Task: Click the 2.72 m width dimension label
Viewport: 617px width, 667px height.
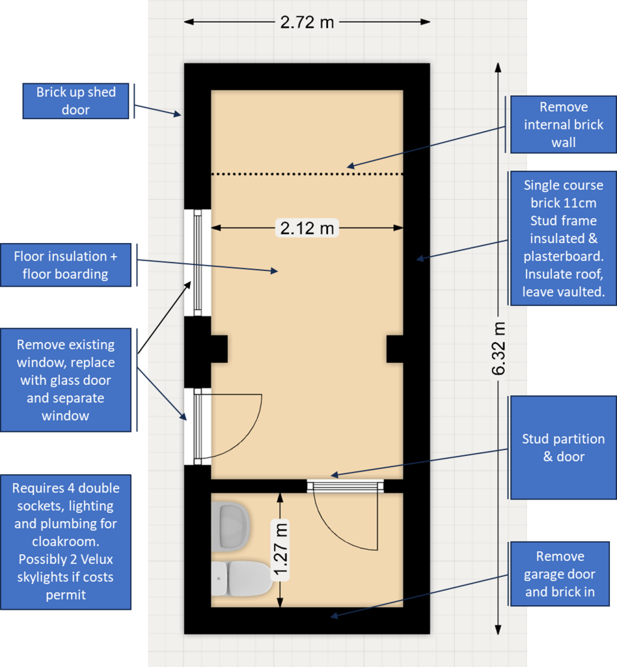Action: (x=307, y=22)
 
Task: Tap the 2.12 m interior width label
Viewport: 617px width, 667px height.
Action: (x=307, y=228)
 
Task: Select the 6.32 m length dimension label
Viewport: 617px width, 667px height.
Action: (x=499, y=349)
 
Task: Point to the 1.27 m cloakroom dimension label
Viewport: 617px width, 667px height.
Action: (x=281, y=550)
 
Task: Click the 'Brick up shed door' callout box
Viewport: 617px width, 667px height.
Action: (x=75, y=101)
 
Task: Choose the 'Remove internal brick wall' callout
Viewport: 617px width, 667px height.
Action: (x=564, y=124)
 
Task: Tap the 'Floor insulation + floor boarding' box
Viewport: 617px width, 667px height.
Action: (x=66, y=265)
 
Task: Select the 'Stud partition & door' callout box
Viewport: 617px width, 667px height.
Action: (x=564, y=447)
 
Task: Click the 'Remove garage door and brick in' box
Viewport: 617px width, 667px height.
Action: (x=560, y=574)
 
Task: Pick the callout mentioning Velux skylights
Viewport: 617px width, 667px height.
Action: (x=66, y=542)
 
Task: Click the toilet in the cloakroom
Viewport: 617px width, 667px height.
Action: (x=241, y=578)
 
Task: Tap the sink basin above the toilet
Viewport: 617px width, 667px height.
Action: (x=230, y=526)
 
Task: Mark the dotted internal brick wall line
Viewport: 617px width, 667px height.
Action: (x=307, y=174)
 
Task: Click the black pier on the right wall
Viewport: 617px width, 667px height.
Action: (x=395, y=349)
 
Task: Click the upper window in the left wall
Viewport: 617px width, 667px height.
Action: (x=198, y=263)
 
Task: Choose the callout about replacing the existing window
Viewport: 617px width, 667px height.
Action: (x=66, y=380)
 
